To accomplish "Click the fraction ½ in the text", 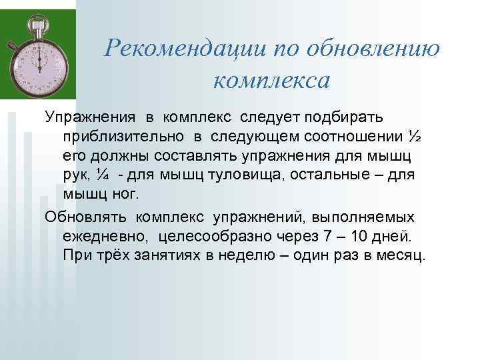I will [x=414, y=137].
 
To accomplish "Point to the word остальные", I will [x=351, y=175].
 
